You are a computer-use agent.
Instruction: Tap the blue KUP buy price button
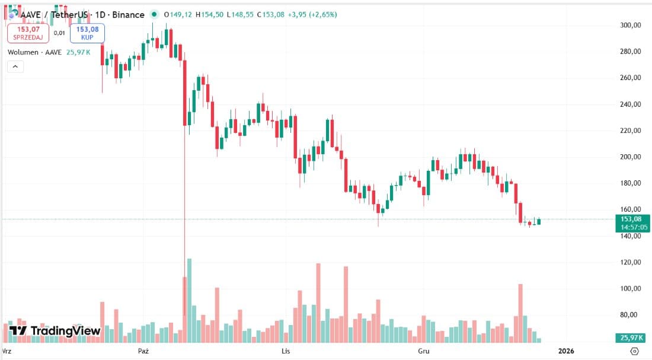[x=87, y=33]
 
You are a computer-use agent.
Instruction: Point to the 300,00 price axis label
[x=630, y=26]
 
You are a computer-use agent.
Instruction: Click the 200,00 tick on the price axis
[x=630, y=157]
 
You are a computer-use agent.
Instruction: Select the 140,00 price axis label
[x=630, y=236]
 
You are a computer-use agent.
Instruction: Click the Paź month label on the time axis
[x=143, y=351]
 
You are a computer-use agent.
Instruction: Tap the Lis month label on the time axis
[x=286, y=351]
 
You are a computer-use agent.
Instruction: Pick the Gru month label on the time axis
[x=423, y=351]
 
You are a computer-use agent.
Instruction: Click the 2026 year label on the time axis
[x=566, y=351]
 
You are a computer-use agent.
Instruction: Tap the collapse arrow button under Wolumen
[x=15, y=66]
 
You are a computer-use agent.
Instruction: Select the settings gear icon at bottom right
[x=635, y=351]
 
